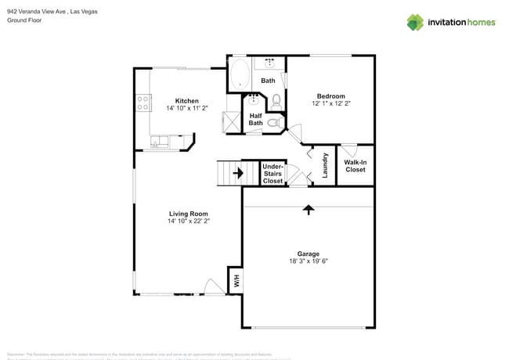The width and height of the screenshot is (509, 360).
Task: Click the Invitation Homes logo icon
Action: (415, 22)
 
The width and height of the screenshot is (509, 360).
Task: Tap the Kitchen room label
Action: (186, 101)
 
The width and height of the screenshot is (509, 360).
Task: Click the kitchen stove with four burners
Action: (143, 102)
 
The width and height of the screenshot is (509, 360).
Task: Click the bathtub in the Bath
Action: (239, 77)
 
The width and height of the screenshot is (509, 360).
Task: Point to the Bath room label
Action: (268, 81)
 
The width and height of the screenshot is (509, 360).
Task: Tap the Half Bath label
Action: (255, 119)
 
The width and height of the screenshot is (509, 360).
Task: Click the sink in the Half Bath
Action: (254, 99)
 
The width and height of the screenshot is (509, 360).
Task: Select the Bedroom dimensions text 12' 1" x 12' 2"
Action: (330, 103)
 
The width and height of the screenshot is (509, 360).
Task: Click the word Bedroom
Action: (330, 96)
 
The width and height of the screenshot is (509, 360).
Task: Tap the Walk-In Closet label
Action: (355, 166)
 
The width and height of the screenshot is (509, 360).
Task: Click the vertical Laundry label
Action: (325, 164)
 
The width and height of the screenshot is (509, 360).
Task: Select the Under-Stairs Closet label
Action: (273, 174)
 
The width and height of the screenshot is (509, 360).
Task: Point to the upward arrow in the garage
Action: (309, 210)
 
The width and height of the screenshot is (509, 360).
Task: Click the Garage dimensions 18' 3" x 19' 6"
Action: (308, 261)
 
